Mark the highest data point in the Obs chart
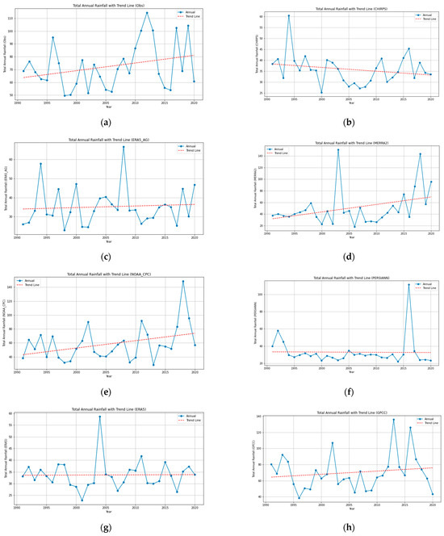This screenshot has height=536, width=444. click(x=147, y=13)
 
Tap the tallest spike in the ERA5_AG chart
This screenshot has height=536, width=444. click(x=124, y=147)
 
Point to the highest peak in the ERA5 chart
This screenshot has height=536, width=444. click(x=100, y=417)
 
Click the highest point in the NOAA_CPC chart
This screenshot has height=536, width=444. click(x=182, y=282)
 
